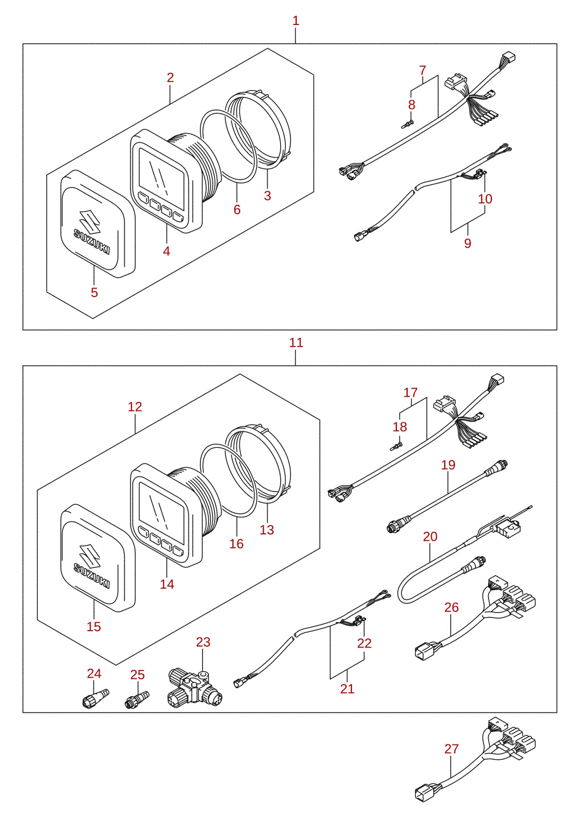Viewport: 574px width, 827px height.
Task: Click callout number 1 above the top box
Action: click(296, 21)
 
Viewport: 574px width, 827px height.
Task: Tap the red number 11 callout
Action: click(296, 343)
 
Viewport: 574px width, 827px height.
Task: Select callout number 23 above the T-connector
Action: click(203, 642)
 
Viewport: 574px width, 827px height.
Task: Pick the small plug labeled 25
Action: click(137, 699)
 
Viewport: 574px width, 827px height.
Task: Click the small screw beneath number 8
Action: click(407, 125)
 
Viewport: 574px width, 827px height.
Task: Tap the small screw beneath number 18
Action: click(396, 446)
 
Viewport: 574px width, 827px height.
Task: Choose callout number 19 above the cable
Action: click(448, 465)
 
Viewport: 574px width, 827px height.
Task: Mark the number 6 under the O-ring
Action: click(237, 209)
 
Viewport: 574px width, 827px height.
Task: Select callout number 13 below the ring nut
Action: click(266, 530)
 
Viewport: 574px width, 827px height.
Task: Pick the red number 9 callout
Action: click(468, 243)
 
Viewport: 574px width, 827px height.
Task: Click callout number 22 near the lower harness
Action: click(364, 644)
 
